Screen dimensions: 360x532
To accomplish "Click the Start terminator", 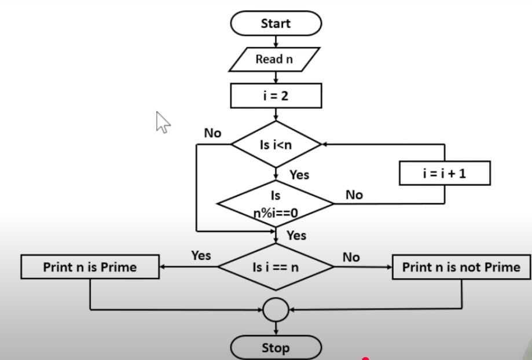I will [276, 24].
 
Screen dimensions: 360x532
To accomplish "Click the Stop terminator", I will [276, 348].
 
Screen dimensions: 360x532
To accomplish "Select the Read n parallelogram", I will [274, 59].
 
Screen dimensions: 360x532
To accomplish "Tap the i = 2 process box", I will [276, 95].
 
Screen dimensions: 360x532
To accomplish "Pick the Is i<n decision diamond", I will [276, 145].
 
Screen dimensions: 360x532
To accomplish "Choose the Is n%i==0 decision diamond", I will [276, 204].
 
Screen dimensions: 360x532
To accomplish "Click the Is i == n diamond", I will [276, 267].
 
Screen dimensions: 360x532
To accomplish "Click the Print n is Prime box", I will [90, 267].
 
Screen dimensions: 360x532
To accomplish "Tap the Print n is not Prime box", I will [461, 267].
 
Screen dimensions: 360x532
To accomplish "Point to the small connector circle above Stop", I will [276, 310].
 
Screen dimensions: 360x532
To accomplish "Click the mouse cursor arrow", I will [163, 122].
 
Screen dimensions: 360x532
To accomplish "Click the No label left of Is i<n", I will [212, 133].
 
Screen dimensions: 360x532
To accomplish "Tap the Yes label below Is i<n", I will [299, 174].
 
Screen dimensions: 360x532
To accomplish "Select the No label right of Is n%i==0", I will [354, 195].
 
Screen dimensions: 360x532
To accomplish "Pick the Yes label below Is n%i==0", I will [296, 236].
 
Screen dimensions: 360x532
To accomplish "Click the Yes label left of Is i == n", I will [201, 255].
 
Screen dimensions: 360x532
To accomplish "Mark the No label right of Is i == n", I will [351, 257].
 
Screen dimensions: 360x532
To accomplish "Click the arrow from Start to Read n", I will [276, 41].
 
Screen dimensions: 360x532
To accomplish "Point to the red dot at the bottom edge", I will [365, 358].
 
